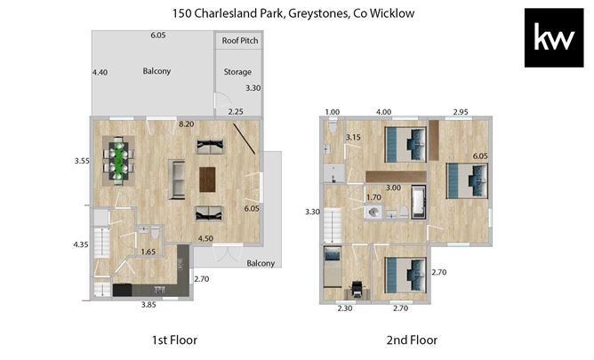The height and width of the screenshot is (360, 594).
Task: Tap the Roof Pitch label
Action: [237, 40]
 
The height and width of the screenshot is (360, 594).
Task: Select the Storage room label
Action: [237, 72]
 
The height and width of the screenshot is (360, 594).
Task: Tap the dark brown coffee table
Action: [208, 179]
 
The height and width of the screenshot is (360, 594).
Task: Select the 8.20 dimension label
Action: [187, 124]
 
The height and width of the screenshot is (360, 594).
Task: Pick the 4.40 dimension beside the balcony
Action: [100, 72]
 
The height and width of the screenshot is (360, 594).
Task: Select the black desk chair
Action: [357, 287]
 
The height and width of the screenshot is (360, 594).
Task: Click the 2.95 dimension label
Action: [461, 112]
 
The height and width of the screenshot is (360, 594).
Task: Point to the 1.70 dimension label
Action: [373, 197]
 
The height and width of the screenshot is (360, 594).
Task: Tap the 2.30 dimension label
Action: [345, 308]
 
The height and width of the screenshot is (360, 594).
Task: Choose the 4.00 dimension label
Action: [384, 112]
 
